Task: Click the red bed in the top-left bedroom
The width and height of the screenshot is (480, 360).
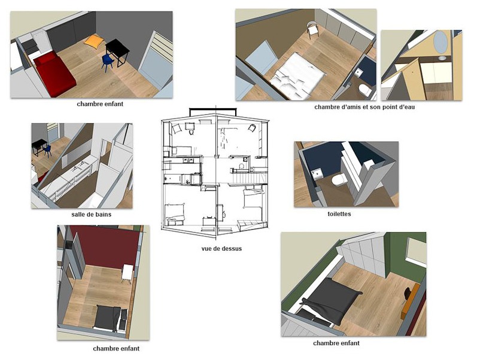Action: click(x=54, y=73)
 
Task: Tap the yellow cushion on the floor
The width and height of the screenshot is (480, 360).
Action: click(x=94, y=41)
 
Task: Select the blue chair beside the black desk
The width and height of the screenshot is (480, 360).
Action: click(x=108, y=62)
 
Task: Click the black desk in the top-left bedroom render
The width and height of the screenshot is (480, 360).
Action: click(x=118, y=51)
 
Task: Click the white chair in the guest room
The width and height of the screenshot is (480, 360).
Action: click(x=312, y=30)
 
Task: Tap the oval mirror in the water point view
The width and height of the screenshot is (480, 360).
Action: click(x=440, y=41)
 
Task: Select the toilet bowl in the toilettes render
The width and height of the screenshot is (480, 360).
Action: click(x=339, y=179)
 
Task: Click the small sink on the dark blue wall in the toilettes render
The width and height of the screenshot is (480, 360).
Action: click(x=317, y=174)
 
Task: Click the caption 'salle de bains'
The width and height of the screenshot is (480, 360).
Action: click(x=91, y=215)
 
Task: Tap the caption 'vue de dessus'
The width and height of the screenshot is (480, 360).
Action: click(x=221, y=249)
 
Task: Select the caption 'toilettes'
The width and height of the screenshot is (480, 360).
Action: click(x=339, y=214)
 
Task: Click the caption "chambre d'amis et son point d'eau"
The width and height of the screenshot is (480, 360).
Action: click(x=364, y=107)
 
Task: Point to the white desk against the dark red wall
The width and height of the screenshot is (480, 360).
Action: click(x=127, y=273)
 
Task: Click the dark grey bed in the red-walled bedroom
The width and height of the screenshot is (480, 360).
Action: click(x=108, y=318)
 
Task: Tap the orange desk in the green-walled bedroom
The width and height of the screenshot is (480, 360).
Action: click(x=411, y=301)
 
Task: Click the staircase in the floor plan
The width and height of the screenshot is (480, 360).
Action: click(x=248, y=178)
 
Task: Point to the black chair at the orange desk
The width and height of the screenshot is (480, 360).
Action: click(x=408, y=294)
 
